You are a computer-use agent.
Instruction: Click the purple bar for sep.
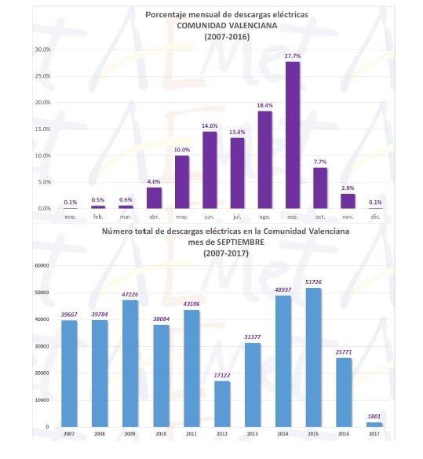[293, 135]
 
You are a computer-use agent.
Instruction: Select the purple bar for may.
[182, 182]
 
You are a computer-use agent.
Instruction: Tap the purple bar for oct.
[320, 188]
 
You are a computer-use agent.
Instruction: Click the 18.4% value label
[265, 105]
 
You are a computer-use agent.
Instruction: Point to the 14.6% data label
[210, 126]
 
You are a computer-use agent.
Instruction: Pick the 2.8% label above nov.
[348, 188]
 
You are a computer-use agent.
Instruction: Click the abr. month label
[155, 217]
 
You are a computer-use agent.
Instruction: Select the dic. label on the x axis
[376, 217]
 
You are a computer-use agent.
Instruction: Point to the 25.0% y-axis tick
[42, 76]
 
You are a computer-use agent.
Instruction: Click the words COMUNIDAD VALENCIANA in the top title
[227, 25]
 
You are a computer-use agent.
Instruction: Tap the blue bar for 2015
[313, 358]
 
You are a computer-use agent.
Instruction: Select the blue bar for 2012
[222, 404]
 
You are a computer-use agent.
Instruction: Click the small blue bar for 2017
[374, 424]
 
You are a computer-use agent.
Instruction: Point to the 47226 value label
[130, 294]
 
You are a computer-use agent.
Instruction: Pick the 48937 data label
[283, 290]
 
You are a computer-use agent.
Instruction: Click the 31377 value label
[253, 337]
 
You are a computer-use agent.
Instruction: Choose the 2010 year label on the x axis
[161, 434]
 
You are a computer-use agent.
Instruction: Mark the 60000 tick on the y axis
[43, 266]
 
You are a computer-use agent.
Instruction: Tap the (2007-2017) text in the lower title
[226, 253]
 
